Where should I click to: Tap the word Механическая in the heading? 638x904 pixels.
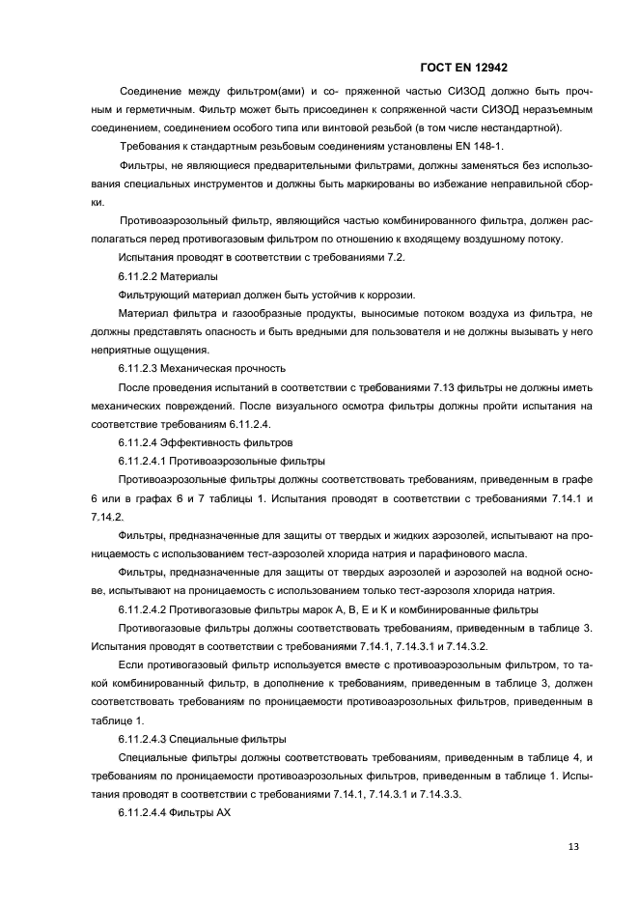206,368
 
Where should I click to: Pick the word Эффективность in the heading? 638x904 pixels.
211,441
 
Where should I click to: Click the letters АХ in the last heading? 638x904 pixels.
223,811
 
